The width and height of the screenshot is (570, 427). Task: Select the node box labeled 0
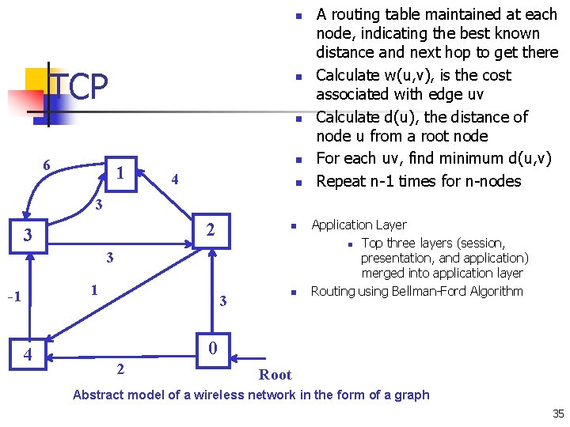211,349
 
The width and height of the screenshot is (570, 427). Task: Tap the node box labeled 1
120,172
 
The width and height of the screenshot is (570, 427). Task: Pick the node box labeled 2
211,231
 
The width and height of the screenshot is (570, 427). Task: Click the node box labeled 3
28,236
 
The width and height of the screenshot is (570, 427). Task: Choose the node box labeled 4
28,354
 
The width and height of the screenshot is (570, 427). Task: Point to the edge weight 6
47,165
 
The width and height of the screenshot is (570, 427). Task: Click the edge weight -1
13,297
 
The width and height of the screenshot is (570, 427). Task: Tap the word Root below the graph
275,375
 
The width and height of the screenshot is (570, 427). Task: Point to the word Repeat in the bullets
340,180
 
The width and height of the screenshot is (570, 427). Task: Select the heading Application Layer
359,225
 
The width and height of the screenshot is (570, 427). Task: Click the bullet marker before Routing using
292,292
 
